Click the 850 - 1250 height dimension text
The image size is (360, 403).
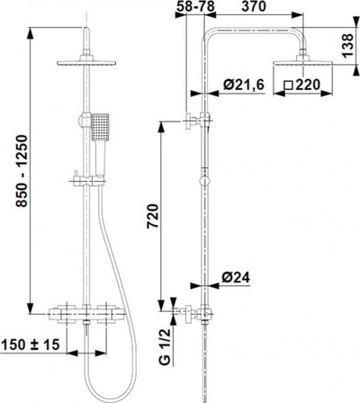coord(22,171)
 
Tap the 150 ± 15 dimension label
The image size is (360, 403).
coord(31,345)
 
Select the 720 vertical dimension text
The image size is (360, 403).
coord(153,216)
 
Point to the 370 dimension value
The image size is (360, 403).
coord(254,6)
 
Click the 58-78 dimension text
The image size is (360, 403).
coord(195,6)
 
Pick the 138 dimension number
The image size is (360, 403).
coord(348,46)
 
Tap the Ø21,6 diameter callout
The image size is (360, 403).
coord(244,85)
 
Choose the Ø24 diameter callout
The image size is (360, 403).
coord(236,278)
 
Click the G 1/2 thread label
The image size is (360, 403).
coord(165,346)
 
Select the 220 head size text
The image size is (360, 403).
coord(308,85)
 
